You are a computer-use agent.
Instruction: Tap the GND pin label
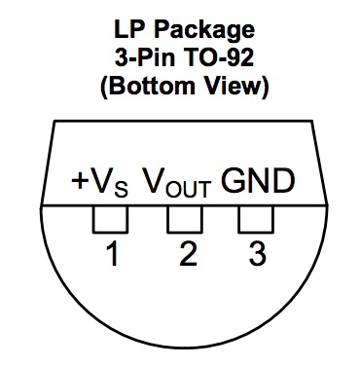258,181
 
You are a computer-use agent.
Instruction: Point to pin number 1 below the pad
112,255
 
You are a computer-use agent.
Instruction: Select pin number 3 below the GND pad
258,255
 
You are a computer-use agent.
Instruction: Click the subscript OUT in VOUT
193,187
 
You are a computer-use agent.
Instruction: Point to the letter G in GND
234,181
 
